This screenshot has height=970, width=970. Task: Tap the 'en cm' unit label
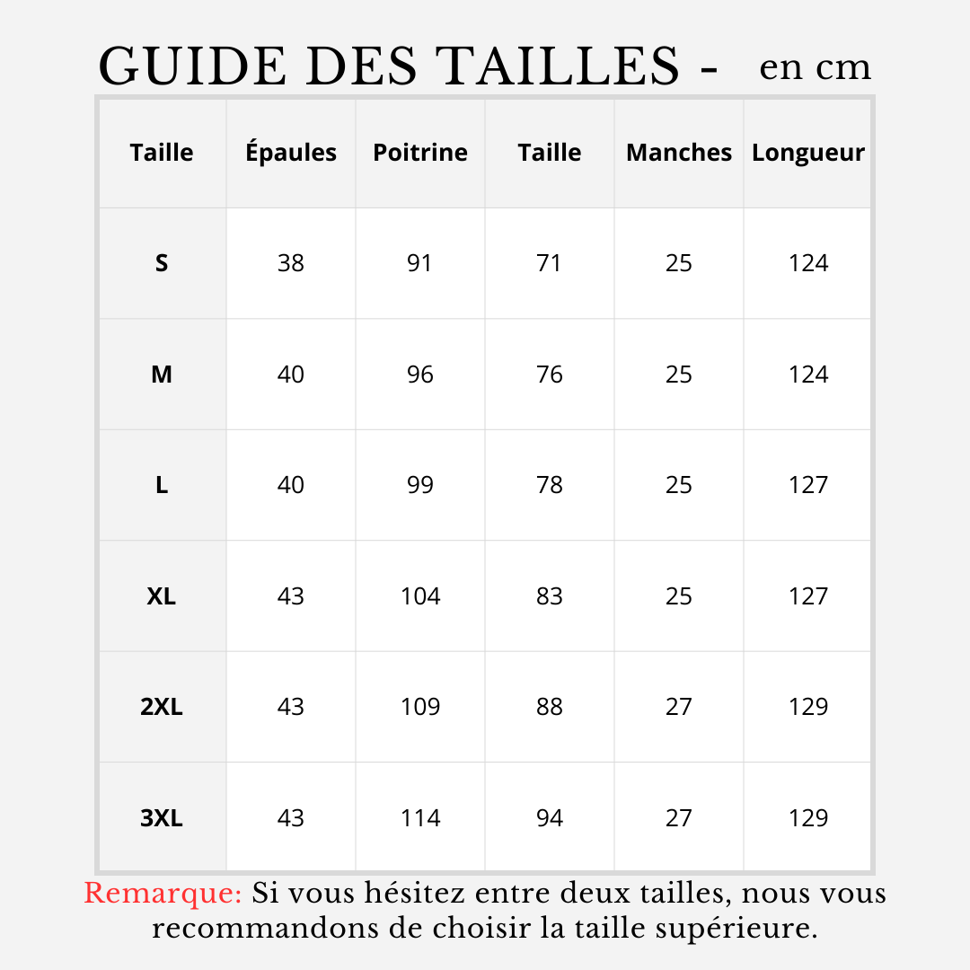pos(815,67)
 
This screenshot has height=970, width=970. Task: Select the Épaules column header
pos(291,153)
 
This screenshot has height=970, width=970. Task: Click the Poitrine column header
pos(420,153)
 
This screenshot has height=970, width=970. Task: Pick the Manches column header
pos(679,153)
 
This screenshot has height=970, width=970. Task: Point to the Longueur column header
pos(808,153)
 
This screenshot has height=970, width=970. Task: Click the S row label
pos(162,263)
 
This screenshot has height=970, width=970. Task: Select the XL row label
pos(162,596)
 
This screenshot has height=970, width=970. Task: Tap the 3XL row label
pos(162,818)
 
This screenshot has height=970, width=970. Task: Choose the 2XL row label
pos(162,707)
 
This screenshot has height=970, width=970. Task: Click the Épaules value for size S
pos(291,263)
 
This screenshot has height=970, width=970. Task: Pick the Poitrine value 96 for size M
pos(420,375)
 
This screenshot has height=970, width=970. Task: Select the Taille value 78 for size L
pos(550,485)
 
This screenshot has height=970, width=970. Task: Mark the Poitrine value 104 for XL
pos(420,596)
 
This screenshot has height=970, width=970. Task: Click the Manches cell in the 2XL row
pos(679,707)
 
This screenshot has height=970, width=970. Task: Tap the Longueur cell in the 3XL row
pos(808,818)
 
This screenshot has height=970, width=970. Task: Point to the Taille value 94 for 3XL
pos(550,818)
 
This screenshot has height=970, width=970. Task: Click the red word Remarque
pos(163,895)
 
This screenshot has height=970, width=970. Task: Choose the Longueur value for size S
pos(808,263)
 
